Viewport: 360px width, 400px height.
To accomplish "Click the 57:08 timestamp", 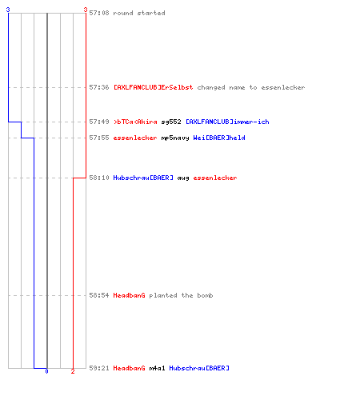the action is point(99,13).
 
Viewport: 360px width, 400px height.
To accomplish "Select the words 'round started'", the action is point(139,13).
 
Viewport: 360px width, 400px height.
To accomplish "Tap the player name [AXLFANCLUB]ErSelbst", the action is point(153,87).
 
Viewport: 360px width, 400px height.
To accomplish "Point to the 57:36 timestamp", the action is point(99,87).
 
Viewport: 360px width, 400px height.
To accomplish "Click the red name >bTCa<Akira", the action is point(135,122).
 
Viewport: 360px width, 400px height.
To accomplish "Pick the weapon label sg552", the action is point(171,122).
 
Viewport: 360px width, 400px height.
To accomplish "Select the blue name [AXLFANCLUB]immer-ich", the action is point(227,122).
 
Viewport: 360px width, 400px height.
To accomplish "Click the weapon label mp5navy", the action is point(175,138).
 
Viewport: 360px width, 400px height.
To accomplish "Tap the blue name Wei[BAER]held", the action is point(219,138).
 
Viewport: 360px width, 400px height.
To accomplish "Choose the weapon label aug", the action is point(183,178).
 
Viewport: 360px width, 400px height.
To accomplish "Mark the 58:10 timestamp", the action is point(99,178).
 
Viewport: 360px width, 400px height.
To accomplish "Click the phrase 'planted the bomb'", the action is point(181,295).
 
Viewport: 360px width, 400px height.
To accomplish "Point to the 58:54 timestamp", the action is point(99,295).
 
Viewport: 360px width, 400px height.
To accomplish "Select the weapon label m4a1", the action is point(157,368).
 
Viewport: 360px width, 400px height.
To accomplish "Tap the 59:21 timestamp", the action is point(99,368).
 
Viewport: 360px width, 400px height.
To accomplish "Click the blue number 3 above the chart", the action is point(8,10).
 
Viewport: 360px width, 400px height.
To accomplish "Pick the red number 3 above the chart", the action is point(86,10).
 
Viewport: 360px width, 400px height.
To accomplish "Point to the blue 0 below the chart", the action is point(46,371).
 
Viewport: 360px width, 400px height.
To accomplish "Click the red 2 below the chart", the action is point(73,371).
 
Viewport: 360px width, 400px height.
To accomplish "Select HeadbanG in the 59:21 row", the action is point(129,368).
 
